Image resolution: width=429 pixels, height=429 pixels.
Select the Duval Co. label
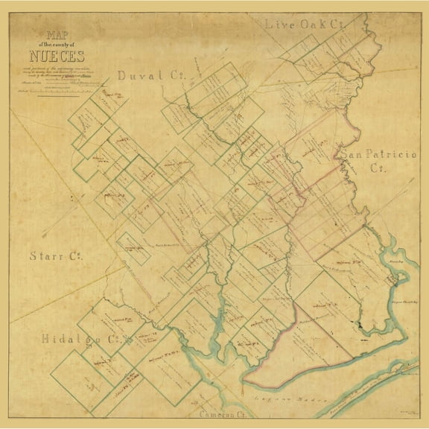pyautogui.click(x=147, y=76)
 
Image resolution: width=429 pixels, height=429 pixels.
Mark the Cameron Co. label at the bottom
pyautogui.click(x=223, y=411)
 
